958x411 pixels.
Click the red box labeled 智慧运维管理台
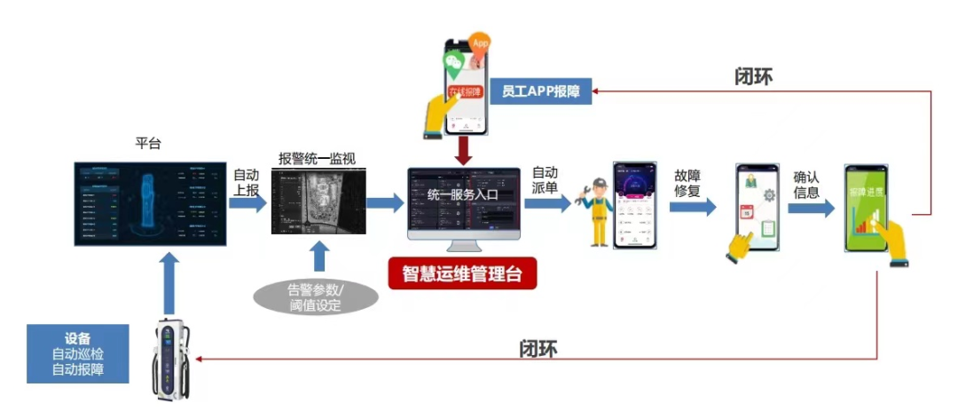tap(463, 274)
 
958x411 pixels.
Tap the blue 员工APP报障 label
tap(541, 91)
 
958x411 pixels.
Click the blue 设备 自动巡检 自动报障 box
tap(77, 354)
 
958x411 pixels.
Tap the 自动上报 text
tap(246, 182)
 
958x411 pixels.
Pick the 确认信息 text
tap(806, 184)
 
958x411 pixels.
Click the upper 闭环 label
tap(753, 75)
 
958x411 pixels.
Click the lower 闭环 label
tap(538, 348)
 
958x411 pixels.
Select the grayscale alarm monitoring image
tap(318, 203)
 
